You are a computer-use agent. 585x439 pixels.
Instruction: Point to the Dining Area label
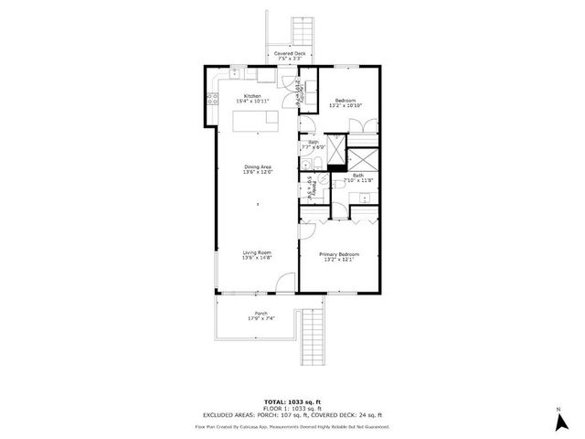257,166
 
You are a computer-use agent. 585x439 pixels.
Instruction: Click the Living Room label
257,252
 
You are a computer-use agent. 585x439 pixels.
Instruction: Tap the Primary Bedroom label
338,253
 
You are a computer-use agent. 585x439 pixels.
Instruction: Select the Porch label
256,314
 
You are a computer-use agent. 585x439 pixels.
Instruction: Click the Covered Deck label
303,54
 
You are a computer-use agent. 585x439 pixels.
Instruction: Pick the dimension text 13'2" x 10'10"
345,105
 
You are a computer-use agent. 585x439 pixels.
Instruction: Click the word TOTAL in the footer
274,402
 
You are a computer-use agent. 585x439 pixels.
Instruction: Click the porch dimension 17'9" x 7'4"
256,319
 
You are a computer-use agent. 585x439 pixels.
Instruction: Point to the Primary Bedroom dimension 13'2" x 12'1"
338,259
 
